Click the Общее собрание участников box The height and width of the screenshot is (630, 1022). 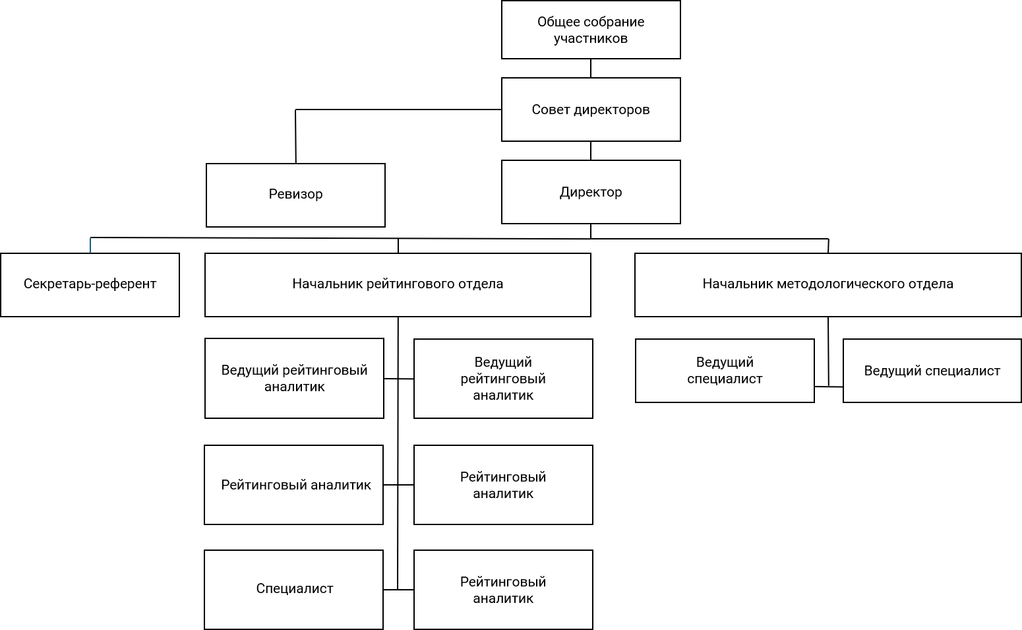click(591, 30)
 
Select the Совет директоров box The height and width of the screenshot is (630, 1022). click(591, 110)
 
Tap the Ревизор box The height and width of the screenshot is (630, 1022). click(295, 195)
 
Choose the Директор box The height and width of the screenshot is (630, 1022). click(591, 192)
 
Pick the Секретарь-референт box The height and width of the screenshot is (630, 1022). click(90, 285)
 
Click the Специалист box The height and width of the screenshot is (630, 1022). click(294, 589)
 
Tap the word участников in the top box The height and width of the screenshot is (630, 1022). click(591, 38)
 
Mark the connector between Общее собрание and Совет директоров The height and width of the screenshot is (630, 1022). click(591, 69)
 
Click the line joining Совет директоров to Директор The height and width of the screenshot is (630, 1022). click(591, 150)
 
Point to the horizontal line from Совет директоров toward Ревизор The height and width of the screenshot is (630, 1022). click(398, 110)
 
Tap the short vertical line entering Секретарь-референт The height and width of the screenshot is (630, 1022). click(90, 245)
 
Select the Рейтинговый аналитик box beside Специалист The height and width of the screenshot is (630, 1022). click(503, 589)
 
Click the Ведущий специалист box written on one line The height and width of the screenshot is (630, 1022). click(932, 371)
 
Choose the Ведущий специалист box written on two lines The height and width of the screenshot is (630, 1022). click(725, 371)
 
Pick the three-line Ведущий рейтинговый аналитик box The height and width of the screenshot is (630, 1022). click(503, 379)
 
